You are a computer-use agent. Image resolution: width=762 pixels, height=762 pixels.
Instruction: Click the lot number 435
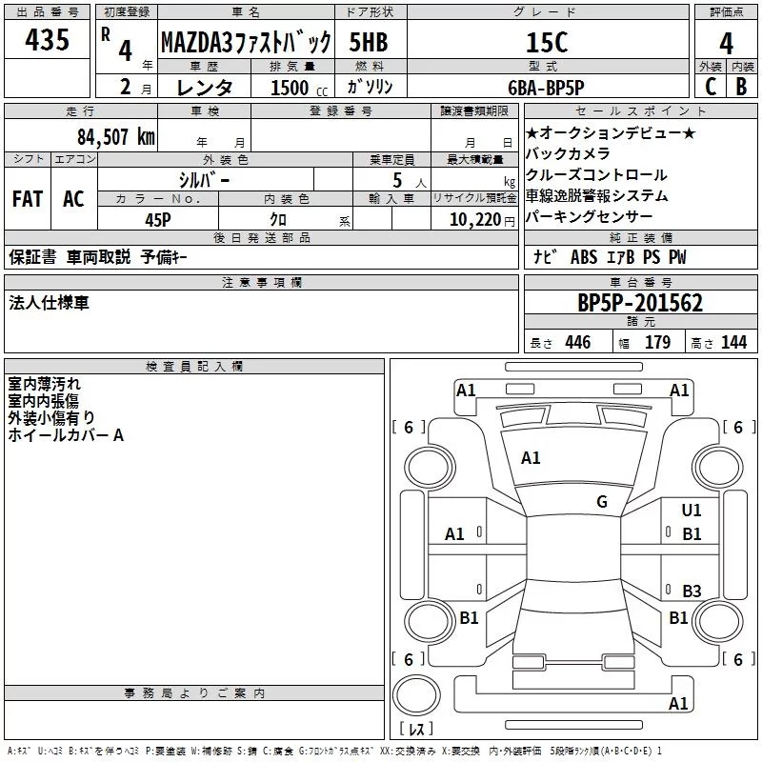47,40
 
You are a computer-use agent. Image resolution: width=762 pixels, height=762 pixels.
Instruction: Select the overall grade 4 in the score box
726,43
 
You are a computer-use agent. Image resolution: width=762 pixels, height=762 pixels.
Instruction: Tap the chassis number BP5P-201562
640,303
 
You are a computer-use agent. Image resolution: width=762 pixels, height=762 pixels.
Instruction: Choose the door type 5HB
368,43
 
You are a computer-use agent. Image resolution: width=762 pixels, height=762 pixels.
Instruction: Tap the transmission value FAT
27,199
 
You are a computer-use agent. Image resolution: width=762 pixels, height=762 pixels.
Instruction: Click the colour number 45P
158,219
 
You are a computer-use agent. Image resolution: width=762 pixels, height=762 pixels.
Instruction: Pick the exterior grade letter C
709,87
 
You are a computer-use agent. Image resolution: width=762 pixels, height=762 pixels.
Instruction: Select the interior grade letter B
741,87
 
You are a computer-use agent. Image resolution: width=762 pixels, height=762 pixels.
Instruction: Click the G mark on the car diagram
602,502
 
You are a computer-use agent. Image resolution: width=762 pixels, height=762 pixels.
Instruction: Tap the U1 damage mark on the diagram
692,511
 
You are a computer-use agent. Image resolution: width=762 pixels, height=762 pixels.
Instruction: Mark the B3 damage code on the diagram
692,591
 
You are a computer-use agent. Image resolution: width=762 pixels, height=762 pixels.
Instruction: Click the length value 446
577,343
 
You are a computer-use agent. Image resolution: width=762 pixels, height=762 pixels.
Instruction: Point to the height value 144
733,343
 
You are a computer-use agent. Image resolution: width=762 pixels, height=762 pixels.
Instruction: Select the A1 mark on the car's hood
531,458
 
